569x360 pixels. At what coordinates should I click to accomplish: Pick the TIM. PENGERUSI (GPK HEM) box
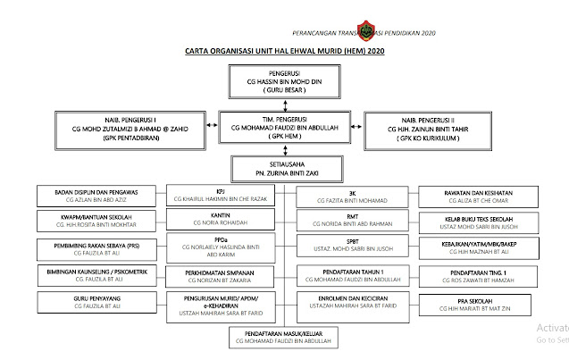pyautogui.click(x=283, y=125)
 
